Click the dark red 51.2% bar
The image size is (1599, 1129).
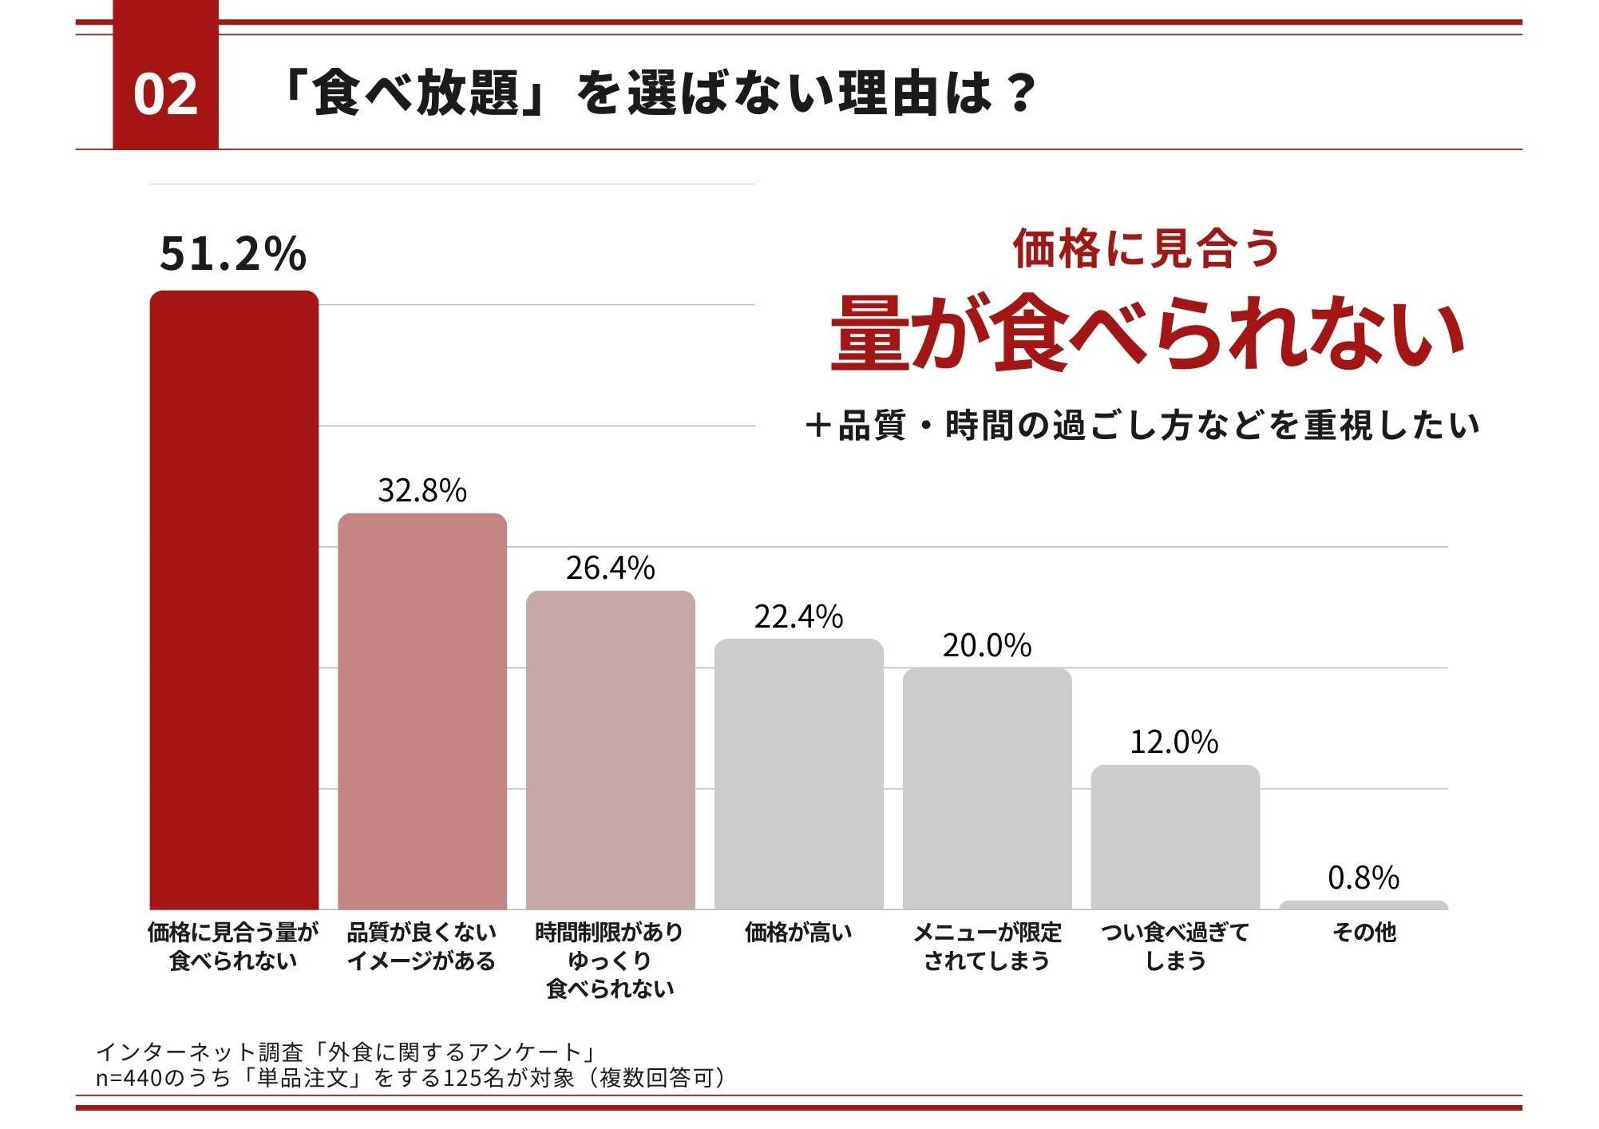[x=234, y=599]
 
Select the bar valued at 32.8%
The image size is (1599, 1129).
[x=422, y=711]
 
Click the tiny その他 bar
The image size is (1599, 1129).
[x=1364, y=905]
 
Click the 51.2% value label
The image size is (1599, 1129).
[x=232, y=253]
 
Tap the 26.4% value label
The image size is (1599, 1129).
[x=611, y=568]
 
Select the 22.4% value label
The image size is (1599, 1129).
[x=798, y=616]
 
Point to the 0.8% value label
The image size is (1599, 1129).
[x=1364, y=877]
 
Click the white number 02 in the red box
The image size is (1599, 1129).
[x=165, y=94]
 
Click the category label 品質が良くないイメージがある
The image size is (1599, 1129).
[x=422, y=946]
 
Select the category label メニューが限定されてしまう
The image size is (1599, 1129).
[x=987, y=946]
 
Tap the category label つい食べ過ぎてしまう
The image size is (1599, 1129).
[x=1175, y=946]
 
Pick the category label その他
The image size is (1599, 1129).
[x=1364, y=932]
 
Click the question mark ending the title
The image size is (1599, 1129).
[x=1020, y=93]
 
